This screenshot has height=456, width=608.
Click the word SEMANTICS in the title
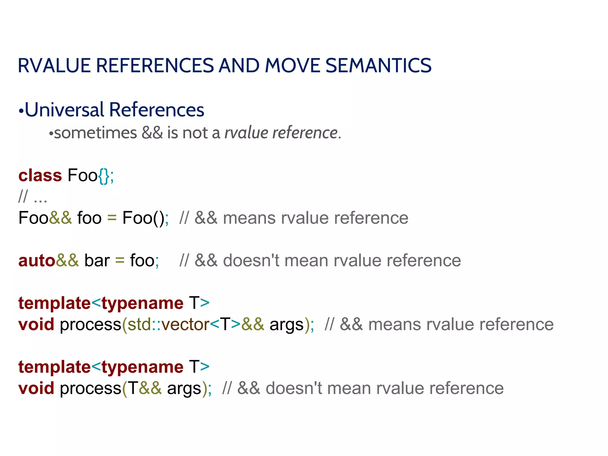point(378,66)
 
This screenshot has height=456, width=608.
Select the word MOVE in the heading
point(292,66)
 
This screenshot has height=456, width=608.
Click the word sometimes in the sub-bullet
point(95,133)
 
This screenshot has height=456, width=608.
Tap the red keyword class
point(40,175)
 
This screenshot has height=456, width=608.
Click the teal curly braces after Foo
point(104,176)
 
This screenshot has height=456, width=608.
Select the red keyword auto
point(37,261)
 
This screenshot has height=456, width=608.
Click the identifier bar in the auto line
point(97,261)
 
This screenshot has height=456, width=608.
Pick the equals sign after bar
point(120,261)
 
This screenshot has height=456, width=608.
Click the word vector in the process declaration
point(186,324)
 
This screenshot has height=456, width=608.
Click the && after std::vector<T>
point(252,324)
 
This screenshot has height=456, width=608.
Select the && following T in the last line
point(150,388)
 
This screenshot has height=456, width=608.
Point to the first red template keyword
point(54,303)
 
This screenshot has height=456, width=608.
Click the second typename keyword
point(142,367)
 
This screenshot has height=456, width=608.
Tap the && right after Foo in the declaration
point(60,218)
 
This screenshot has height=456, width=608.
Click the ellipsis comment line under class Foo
point(33,197)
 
